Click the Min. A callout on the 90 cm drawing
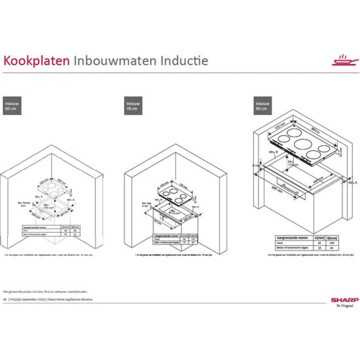click(352, 182)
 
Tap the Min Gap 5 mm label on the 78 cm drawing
click(146, 205)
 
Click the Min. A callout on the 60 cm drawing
click(71, 199)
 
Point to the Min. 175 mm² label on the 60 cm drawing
click(48, 207)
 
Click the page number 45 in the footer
click(5, 299)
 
